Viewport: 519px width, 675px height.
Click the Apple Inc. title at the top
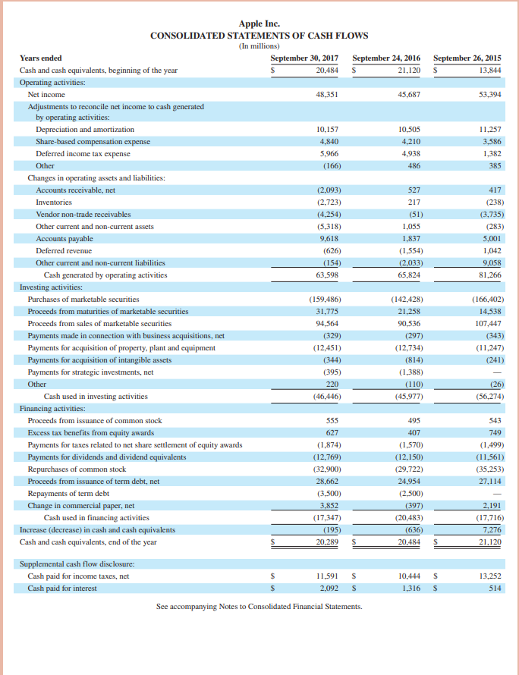coord(259,24)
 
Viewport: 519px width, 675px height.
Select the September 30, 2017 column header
coord(304,58)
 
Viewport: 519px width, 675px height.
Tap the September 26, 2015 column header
coord(467,58)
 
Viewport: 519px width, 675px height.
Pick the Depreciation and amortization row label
coord(85,130)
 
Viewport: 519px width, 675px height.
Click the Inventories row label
coord(54,202)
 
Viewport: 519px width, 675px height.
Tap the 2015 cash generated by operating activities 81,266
coord(489,275)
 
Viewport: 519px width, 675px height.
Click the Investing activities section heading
coord(51,287)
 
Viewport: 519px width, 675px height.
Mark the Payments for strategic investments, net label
coord(90,372)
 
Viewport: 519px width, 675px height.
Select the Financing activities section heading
coord(52,408)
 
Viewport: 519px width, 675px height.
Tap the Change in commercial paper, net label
coord(80,505)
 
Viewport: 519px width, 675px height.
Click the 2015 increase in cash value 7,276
coord(491,529)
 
